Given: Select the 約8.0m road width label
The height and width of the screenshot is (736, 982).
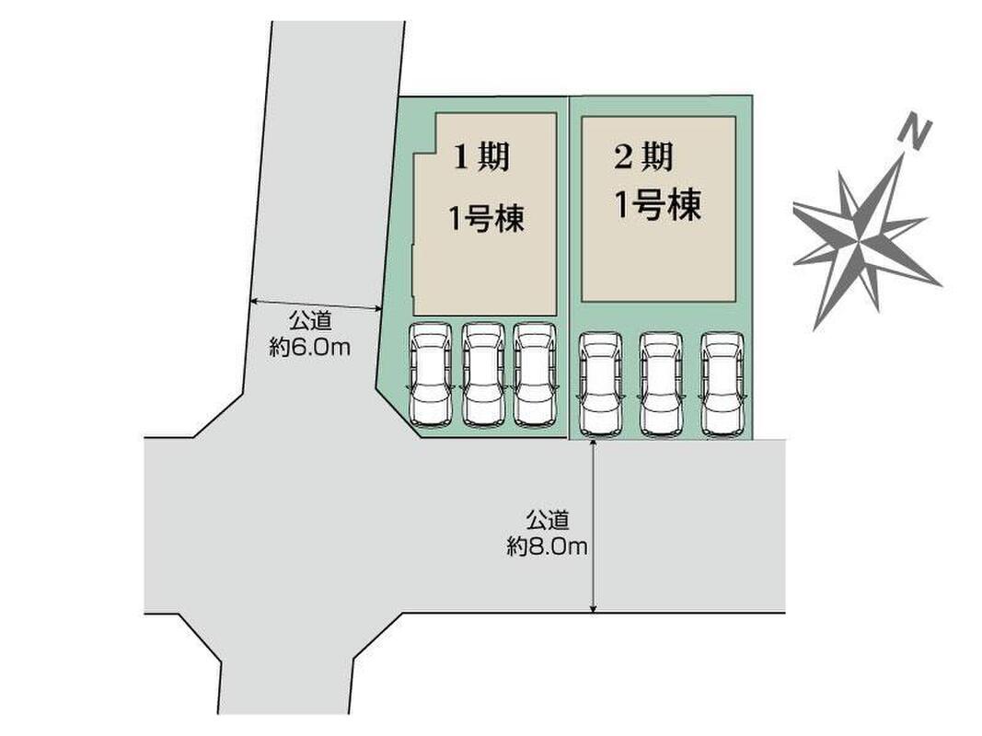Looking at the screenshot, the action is point(547,546).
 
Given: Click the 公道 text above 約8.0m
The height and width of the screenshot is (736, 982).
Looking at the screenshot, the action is point(547,520).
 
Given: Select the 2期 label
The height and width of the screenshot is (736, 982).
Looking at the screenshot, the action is point(643,158).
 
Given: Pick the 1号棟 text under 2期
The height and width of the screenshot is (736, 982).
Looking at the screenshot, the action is point(657,206).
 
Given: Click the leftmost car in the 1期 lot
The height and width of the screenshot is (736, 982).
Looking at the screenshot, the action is point(431,374).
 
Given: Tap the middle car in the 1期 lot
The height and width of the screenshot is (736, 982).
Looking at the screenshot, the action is point(483,374).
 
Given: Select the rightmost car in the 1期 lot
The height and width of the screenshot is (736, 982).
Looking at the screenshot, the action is point(535,374).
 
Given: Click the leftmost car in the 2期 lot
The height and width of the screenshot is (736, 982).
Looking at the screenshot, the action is point(600,385).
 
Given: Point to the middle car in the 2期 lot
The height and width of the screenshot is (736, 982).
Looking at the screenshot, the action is point(661,385).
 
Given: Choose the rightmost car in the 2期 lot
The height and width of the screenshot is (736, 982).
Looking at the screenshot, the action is point(722,385).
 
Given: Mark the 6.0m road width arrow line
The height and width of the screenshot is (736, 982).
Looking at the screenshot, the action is point(316,305).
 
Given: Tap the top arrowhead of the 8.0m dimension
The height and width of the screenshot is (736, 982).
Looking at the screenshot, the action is point(595,444).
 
